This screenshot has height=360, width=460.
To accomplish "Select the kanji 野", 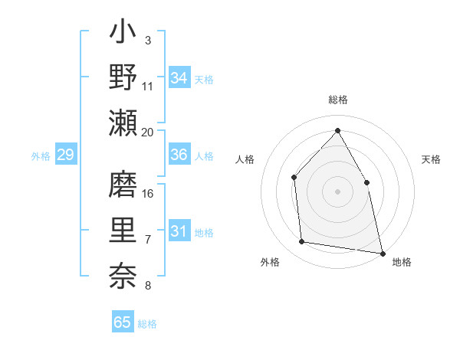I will click(123, 77).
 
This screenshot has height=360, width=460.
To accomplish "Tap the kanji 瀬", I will click(123, 123).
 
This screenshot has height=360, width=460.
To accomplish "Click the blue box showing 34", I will click(179, 78).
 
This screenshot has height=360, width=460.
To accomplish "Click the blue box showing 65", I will click(123, 322).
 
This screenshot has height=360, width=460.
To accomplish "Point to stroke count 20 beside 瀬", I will click(148, 132).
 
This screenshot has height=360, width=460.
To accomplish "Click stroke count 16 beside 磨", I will click(148, 193).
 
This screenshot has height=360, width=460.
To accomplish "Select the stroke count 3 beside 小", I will click(147, 40).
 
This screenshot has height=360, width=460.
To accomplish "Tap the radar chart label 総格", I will click(338, 100).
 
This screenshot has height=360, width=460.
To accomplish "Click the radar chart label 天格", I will click(431, 159).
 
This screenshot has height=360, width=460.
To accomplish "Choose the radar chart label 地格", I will click(401, 262).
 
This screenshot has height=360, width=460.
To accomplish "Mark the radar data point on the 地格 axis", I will click(382, 253).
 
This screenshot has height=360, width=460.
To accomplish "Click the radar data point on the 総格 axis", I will click(337, 131).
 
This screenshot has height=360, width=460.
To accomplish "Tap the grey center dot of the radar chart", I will click(337, 191).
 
